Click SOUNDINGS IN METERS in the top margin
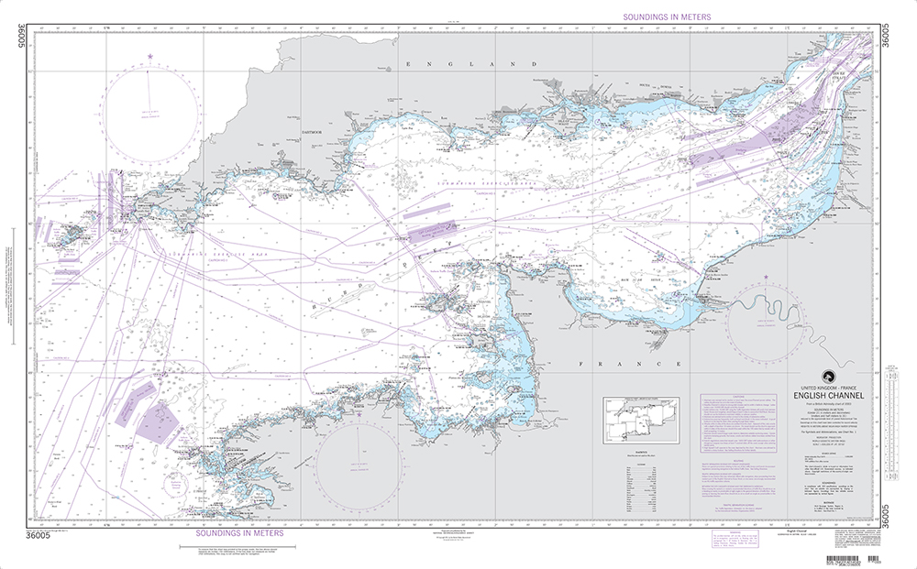(x=666, y=16)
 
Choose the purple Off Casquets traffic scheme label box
(x=427, y=224)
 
